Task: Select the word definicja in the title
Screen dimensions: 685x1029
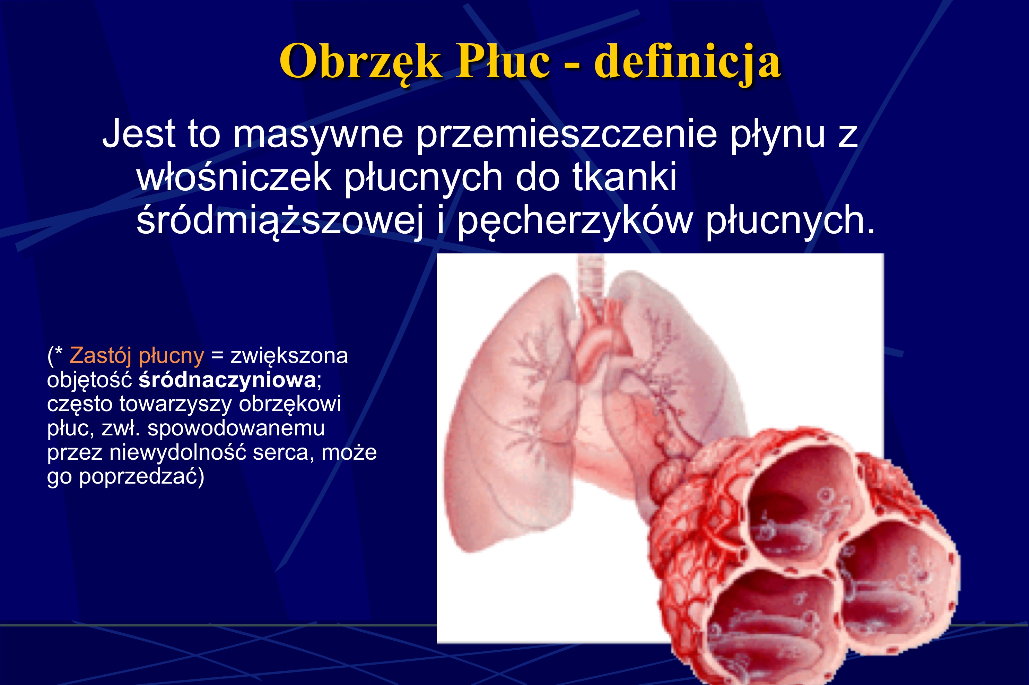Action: [688, 62]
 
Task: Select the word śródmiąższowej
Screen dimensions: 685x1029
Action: [280, 221]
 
